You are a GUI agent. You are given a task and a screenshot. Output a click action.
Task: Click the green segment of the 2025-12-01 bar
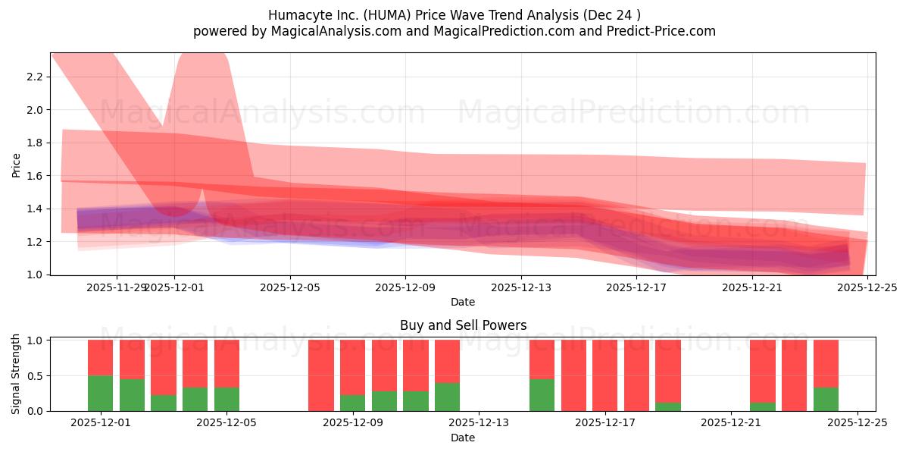point(100,393)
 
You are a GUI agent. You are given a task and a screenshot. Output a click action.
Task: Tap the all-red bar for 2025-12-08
point(321,375)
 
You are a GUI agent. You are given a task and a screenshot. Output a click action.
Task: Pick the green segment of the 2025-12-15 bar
point(542,394)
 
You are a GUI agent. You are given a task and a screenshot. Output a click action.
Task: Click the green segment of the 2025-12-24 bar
point(826,399)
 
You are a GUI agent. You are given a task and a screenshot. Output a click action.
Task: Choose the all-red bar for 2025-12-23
point(794,375)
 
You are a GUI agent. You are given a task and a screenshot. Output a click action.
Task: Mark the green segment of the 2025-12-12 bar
point(447,397)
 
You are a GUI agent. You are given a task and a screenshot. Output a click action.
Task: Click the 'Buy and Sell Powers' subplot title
point(463,325)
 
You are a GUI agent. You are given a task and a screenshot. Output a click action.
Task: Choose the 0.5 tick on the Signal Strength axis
point(36,375)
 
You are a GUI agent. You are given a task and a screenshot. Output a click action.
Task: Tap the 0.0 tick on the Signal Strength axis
point(36,411)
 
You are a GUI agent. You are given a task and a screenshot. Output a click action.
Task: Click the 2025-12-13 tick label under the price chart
point(520,287)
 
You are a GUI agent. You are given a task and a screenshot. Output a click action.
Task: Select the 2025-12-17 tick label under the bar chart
point(605,424)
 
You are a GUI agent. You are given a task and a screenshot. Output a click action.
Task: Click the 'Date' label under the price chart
point(463,302)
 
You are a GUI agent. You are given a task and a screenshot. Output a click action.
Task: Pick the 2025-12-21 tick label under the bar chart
point(731,424)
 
